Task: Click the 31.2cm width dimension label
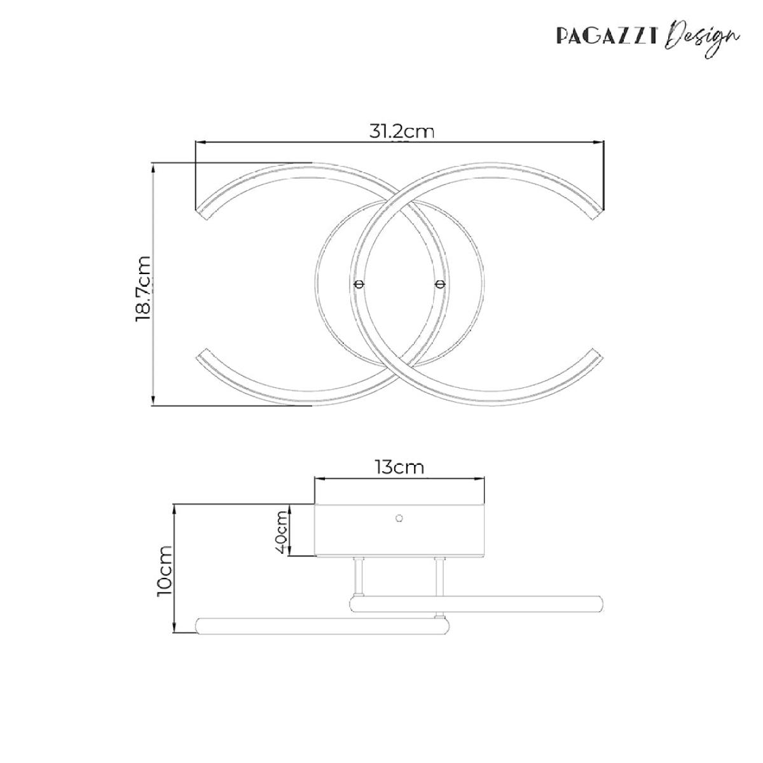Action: (x=401, y=132)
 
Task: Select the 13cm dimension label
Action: (x=399, y=467)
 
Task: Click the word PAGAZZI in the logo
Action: (x=607, y=36)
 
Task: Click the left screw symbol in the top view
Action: (x=359, y=284)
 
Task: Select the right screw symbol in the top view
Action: (x=439, y=284)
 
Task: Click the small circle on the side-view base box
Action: (x=399, y=518)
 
